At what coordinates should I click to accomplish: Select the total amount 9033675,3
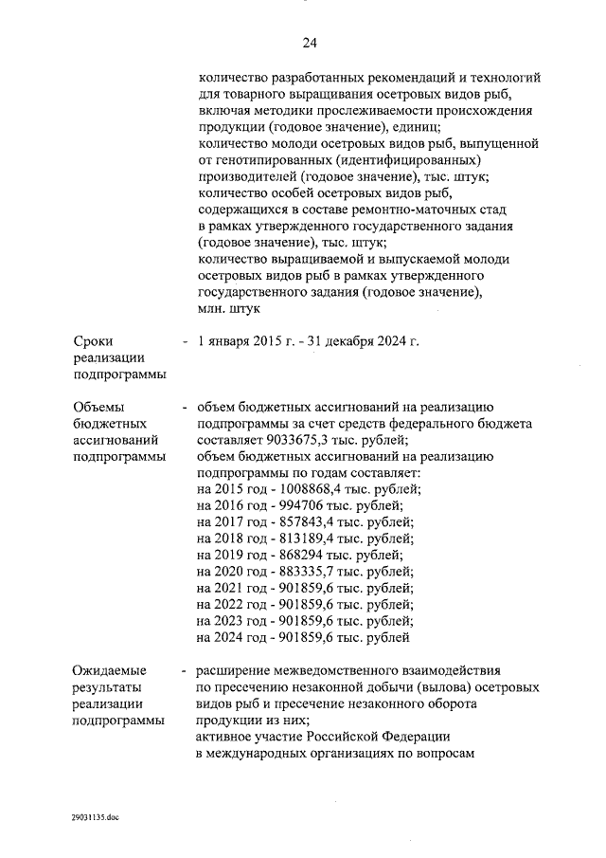[287, 440]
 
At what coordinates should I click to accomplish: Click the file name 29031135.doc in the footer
[94, 814]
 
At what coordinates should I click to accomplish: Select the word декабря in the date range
[351, 341]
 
